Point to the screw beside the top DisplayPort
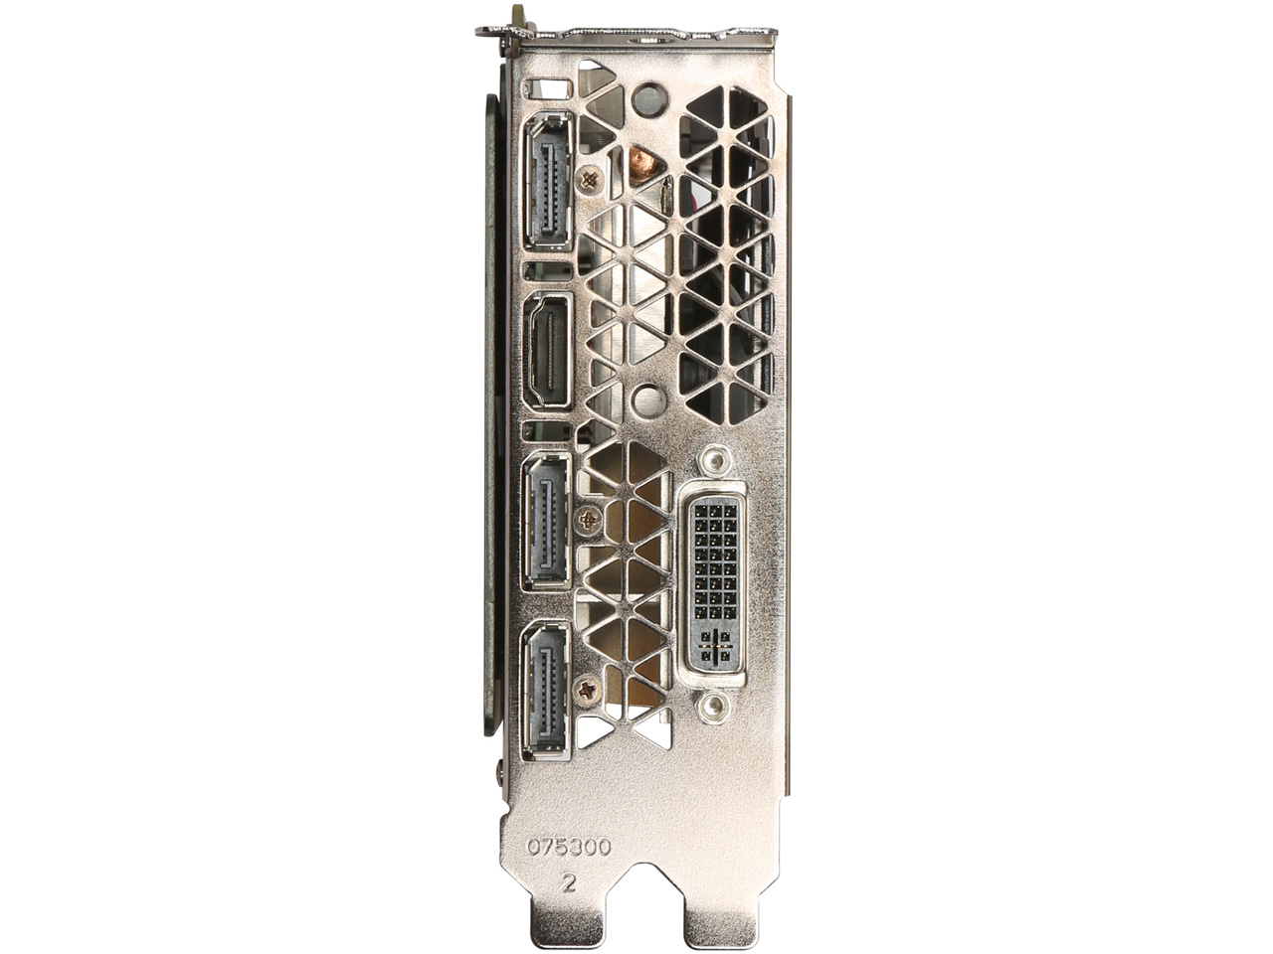[591, 180]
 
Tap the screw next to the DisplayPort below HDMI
[589, 519]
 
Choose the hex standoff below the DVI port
[710, 707]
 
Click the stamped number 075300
[569, 847]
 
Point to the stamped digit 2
[569, 881]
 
